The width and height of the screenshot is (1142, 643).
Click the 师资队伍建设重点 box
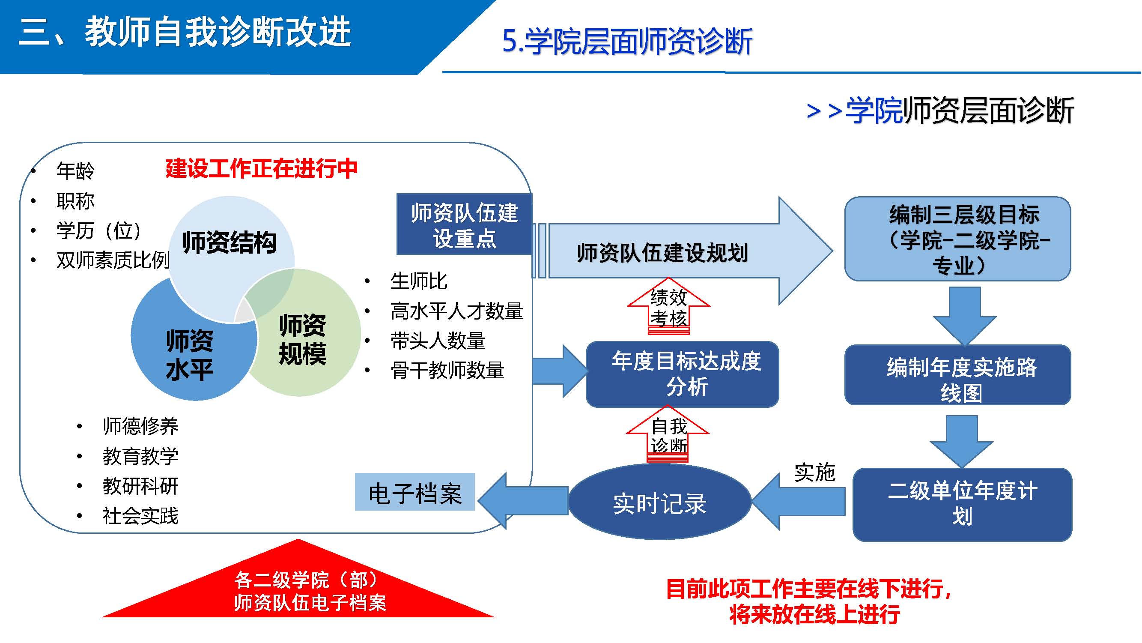pyautogui.click(x=464, y=225)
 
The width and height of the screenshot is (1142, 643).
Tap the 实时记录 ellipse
pyautogui.click(x=660, y=503)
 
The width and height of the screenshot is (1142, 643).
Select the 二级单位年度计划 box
pyautogui.click(x=962, y=505)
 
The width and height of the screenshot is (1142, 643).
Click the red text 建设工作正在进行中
pyautogui.click(x=262, y=168)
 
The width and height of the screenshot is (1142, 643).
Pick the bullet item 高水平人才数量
pyautogui.click(x=456, y=311)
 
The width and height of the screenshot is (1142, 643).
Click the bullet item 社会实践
pyautogui.click(x=140, y=516)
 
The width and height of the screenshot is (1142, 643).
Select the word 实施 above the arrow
pyautogui.click(x=815, y=472)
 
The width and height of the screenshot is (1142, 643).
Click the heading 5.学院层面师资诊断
pyautogui.click(x=627, y=42)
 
